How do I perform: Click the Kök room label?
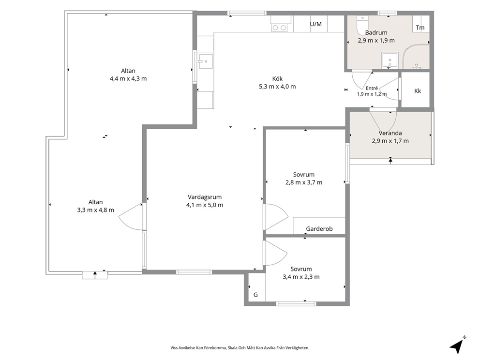point(277,78)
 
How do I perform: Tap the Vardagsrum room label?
point(205,197)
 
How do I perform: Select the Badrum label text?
point(376,32)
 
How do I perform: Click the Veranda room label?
point(390,133)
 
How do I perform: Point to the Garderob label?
point(319,229)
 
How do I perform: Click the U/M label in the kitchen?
point(316,24)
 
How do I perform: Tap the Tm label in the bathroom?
point(420,28)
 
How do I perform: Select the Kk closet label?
point(418,91)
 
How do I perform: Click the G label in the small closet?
point(255,295)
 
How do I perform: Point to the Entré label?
point(372,88)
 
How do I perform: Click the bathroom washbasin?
point(390,60)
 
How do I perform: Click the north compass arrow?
point(458,345)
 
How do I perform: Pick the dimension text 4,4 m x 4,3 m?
point(128,79)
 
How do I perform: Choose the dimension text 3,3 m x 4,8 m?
point(95,210)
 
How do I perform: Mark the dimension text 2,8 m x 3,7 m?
point(304,182)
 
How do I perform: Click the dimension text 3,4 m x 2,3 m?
point(301,277)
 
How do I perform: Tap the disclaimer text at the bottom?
point(240,348)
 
